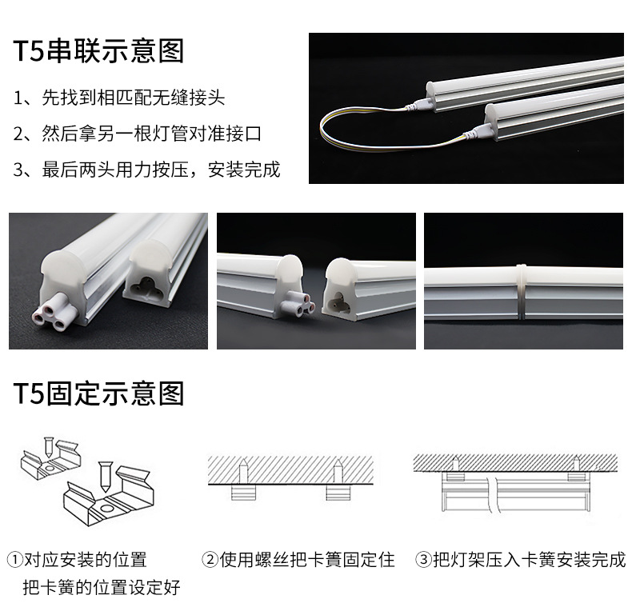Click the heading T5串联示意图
click(x=98, y=50)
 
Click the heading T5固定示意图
click(x=98, y=393)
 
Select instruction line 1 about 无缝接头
click(x=119, y=98)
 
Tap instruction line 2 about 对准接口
click(x=138, y=134)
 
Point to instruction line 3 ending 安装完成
click(x=146, y=170)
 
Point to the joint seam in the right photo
click(x=521, y=292)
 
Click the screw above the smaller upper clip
click(x=48, y=446)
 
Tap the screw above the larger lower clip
click(x=106, y=477)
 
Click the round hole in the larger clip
click(x=108, y=507)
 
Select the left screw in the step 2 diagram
click(x=244, y=471)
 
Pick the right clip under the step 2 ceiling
click(x=338, y=493)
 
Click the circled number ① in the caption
click(x=15, y=560)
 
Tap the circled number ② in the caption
click(x=210, y=560)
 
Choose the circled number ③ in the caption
click(x=424, y=560)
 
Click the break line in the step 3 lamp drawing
click(x=493, y=495)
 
